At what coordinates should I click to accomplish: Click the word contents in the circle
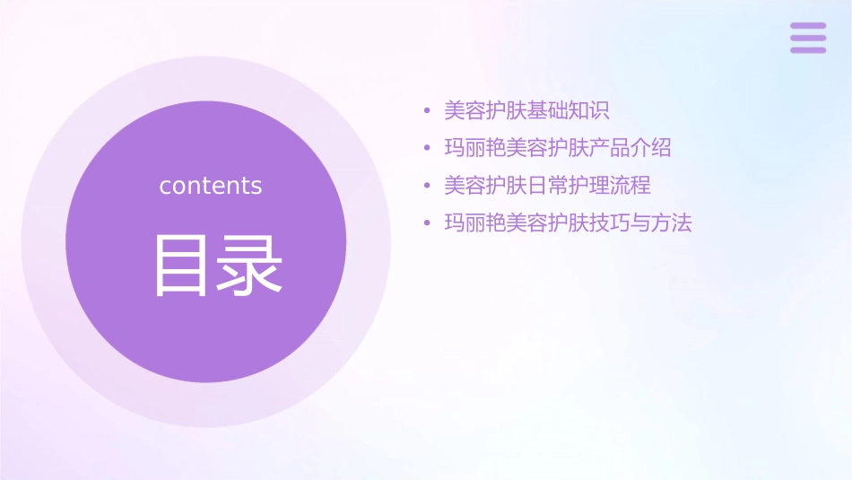point(211,186)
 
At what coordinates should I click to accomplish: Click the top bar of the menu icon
point(808,26)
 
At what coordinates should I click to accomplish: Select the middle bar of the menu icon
point(808,38)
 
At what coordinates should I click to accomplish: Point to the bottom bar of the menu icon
point(808,49)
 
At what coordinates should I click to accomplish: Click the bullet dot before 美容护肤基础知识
point(428,111)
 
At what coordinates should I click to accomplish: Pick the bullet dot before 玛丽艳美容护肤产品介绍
point(428,149)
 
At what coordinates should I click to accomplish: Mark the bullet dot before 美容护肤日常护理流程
point(428,187)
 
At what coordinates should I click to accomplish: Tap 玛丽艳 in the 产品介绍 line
point(474,148)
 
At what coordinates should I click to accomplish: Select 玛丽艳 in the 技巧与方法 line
point(474,223)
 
